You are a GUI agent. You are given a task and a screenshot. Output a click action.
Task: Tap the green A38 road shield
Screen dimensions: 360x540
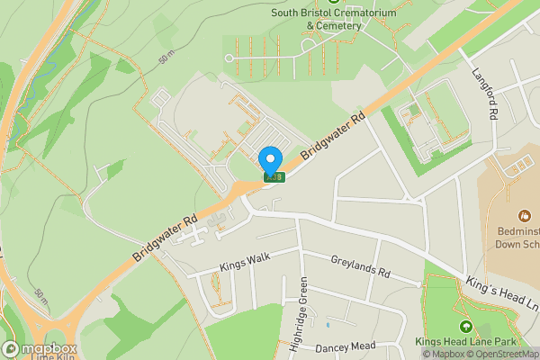[274, 177]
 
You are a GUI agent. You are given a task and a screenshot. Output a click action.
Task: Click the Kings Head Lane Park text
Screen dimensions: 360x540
[464, 342]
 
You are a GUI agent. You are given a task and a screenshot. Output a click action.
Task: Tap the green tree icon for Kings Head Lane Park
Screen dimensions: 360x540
[465, 328]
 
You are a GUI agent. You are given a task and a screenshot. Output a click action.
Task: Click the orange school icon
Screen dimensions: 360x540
[524, 215]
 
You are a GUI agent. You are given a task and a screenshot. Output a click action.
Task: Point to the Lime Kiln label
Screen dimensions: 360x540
[51, 357]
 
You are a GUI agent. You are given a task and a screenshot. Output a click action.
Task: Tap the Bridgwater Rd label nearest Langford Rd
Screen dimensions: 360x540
[333, 136]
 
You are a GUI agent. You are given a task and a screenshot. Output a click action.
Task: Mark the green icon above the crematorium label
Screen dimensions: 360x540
[334, 2]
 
